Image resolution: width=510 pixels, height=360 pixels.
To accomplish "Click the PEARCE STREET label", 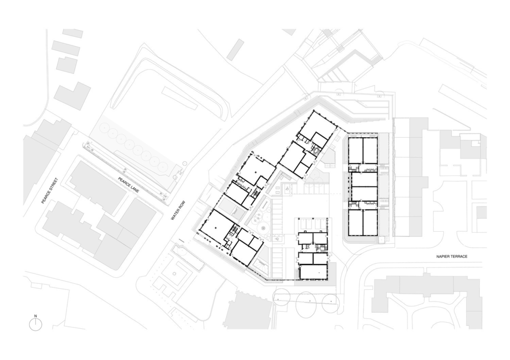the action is click(x=50, y=191).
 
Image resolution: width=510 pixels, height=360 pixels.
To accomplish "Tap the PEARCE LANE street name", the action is click(x=128, y=185).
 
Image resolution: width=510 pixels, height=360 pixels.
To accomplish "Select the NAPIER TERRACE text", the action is click(x=452, y=256).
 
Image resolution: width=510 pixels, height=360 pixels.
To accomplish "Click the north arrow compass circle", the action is click(x=36, y=325).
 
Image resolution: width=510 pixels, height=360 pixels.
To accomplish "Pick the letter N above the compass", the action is click(x=36, y=316).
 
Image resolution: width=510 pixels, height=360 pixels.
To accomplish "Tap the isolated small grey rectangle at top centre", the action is click(x=236, y=50).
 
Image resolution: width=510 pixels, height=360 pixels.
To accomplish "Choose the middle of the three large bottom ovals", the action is click(x=306, y=304).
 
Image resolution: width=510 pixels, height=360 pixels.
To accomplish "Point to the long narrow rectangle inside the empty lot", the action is click(x=179, y=98).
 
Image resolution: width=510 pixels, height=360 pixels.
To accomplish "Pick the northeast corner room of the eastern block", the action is click(x=370, y=151).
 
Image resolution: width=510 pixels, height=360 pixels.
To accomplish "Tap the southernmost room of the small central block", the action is click(x=313, y=272).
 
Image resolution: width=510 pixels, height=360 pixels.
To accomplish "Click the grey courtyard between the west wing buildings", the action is click(x=231, y=208).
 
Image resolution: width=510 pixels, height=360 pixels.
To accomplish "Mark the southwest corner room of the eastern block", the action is click(x=356, y=223).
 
